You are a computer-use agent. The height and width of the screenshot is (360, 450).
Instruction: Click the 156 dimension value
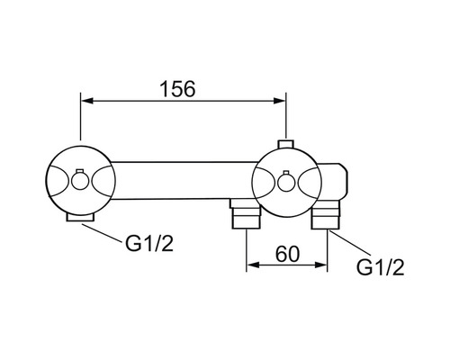177,89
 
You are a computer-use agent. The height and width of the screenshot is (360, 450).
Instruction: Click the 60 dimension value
287,254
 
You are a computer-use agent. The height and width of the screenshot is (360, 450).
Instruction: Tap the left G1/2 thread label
149,243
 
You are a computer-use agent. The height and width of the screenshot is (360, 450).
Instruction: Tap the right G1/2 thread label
381,267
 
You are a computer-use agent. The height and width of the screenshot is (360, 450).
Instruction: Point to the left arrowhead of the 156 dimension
87,101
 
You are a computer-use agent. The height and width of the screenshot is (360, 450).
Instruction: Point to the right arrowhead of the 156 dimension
279,101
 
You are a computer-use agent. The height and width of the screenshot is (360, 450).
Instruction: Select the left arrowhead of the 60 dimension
253,265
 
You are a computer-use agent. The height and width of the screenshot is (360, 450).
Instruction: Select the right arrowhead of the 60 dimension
320,265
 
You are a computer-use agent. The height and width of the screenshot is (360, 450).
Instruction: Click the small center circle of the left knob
79,182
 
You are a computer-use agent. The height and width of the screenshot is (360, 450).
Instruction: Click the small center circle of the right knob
286,182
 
